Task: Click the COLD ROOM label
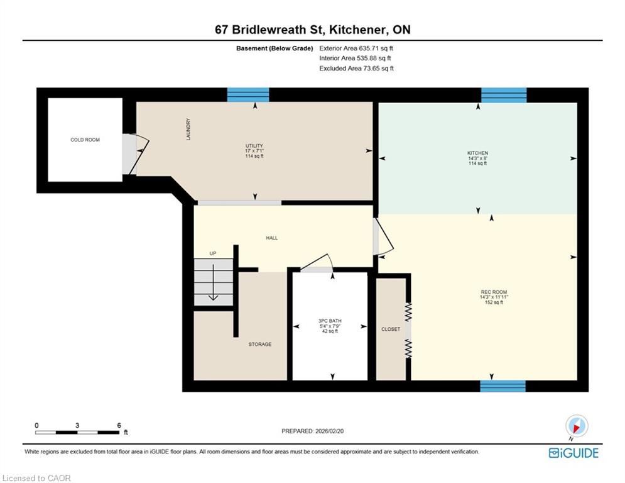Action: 85,140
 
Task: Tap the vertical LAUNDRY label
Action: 188,129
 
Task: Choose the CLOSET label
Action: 391,330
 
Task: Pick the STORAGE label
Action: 260,344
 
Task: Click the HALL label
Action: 272,238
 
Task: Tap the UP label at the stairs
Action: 213,253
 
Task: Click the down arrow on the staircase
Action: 213,282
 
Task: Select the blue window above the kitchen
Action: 504,96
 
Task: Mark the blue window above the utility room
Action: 248,95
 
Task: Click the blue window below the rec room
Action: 503,386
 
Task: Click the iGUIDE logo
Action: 573,453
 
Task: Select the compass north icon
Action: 577,426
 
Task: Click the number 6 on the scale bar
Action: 119,426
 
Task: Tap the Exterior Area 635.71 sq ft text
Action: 356,48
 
